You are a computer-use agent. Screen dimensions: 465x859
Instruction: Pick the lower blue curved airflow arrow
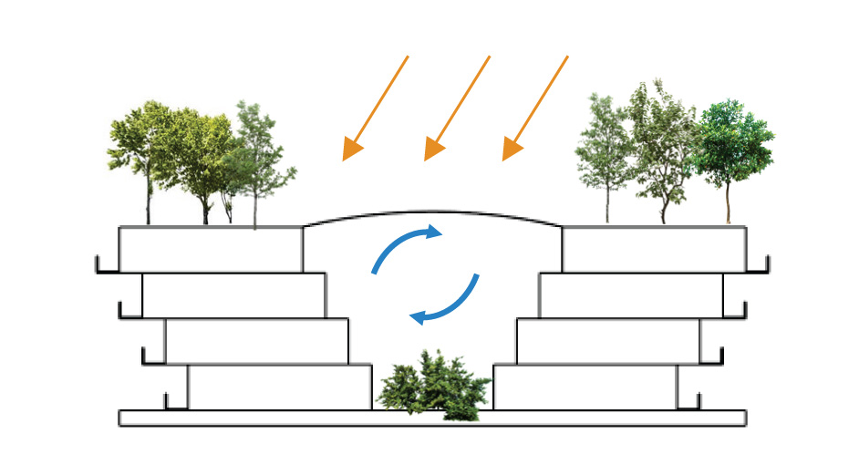446,301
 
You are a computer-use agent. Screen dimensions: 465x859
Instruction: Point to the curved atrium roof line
433,212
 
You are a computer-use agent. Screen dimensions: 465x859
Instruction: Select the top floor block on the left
211,249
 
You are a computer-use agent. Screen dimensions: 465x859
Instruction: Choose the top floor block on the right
654,249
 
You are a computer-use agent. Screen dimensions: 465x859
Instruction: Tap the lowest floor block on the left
279,387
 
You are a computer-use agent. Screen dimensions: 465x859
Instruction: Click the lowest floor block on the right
585,387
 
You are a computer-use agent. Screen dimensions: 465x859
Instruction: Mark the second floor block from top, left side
233,295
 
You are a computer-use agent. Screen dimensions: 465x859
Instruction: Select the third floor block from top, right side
608,341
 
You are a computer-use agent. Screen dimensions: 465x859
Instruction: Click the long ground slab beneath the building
432,418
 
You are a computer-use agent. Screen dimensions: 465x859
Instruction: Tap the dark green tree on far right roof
732,146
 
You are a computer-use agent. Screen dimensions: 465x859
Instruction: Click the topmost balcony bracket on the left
107,265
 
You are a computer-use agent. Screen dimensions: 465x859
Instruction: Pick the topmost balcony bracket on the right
759,265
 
